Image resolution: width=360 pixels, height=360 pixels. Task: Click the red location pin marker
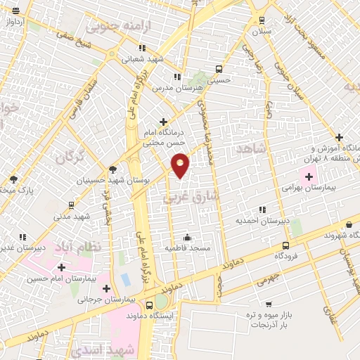(x=181, y=165)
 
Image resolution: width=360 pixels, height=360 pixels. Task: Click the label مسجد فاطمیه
(x=187, y=248)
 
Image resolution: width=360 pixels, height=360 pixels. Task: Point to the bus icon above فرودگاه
(x=285, y=245)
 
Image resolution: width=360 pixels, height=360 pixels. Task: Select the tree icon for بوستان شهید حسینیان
(x=112, y=169)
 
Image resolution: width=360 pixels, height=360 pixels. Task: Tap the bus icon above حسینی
(x=219, y=69)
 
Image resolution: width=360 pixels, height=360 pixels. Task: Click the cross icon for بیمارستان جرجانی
(x=106, y=288)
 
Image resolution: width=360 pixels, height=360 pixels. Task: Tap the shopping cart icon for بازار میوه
(x=269, y=305)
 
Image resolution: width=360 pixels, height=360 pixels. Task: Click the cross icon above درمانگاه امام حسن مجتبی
(x=164, y=122)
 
